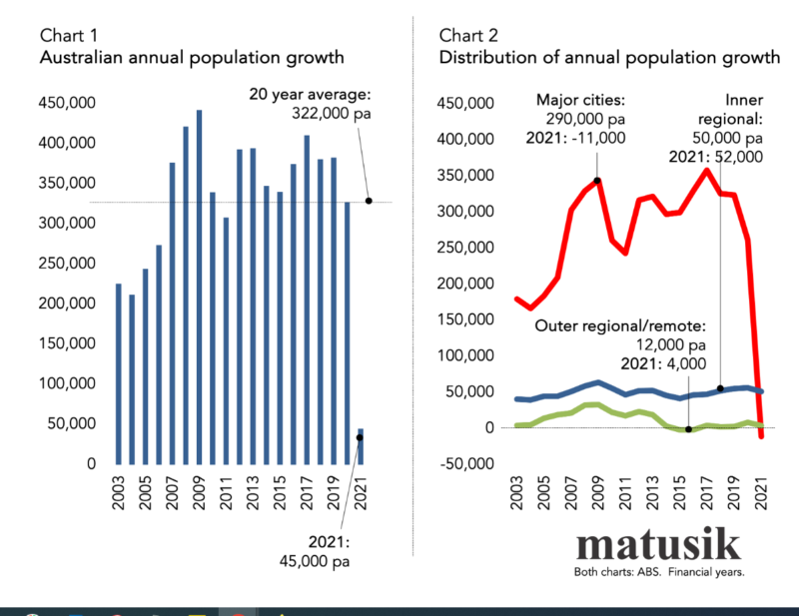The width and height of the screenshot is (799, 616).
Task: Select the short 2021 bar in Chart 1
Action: coord(362,446)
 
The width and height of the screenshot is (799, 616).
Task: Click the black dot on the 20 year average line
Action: coord(369,201)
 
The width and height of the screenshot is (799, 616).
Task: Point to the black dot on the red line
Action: coord(597,181)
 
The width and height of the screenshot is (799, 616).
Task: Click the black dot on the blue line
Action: coord(720,388)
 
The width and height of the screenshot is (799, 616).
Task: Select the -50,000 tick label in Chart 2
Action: coord(467,463)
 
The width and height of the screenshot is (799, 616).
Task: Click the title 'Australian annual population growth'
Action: coord(191,57)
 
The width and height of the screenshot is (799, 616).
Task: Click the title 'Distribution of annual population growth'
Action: coord(609,57)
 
